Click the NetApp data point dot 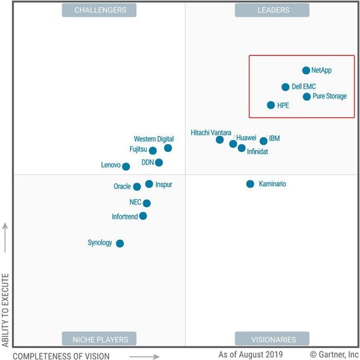pyautogui.click(x=306, y=70)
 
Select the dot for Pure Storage pyautogui.click(x=307, y=97)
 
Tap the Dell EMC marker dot pyautogui.click(x=285, y=87)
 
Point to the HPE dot pyautogui.click(x=271, y=105)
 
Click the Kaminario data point pyautogui.click(x=250, y=184)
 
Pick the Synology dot pyautogui.click(x=120, y=243)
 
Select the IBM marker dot pyautogui.click(x=263, y=141)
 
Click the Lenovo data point pyautogui.click(x=126, y=167)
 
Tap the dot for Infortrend pyautogui.click(x=143, y=216)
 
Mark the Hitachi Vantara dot pyautogui.click(x=219, y=140)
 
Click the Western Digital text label pyautogui.click(x=153, y=139)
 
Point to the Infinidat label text pyautogui.click(x=259, y=152)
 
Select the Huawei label pyautogui.click(x=246, y=138)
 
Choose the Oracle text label pyautogui.click(x=122, y=187)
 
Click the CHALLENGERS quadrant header pyautogui.click(x=99, y=10)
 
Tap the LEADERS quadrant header pyautogui.click(x=271, y=10)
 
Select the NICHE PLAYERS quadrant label pyautogui.click(x=99, y=339)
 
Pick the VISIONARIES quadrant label pyautogui.click(x=271, y=339)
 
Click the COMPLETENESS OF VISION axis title pyautogui.click(x=61, y=355)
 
